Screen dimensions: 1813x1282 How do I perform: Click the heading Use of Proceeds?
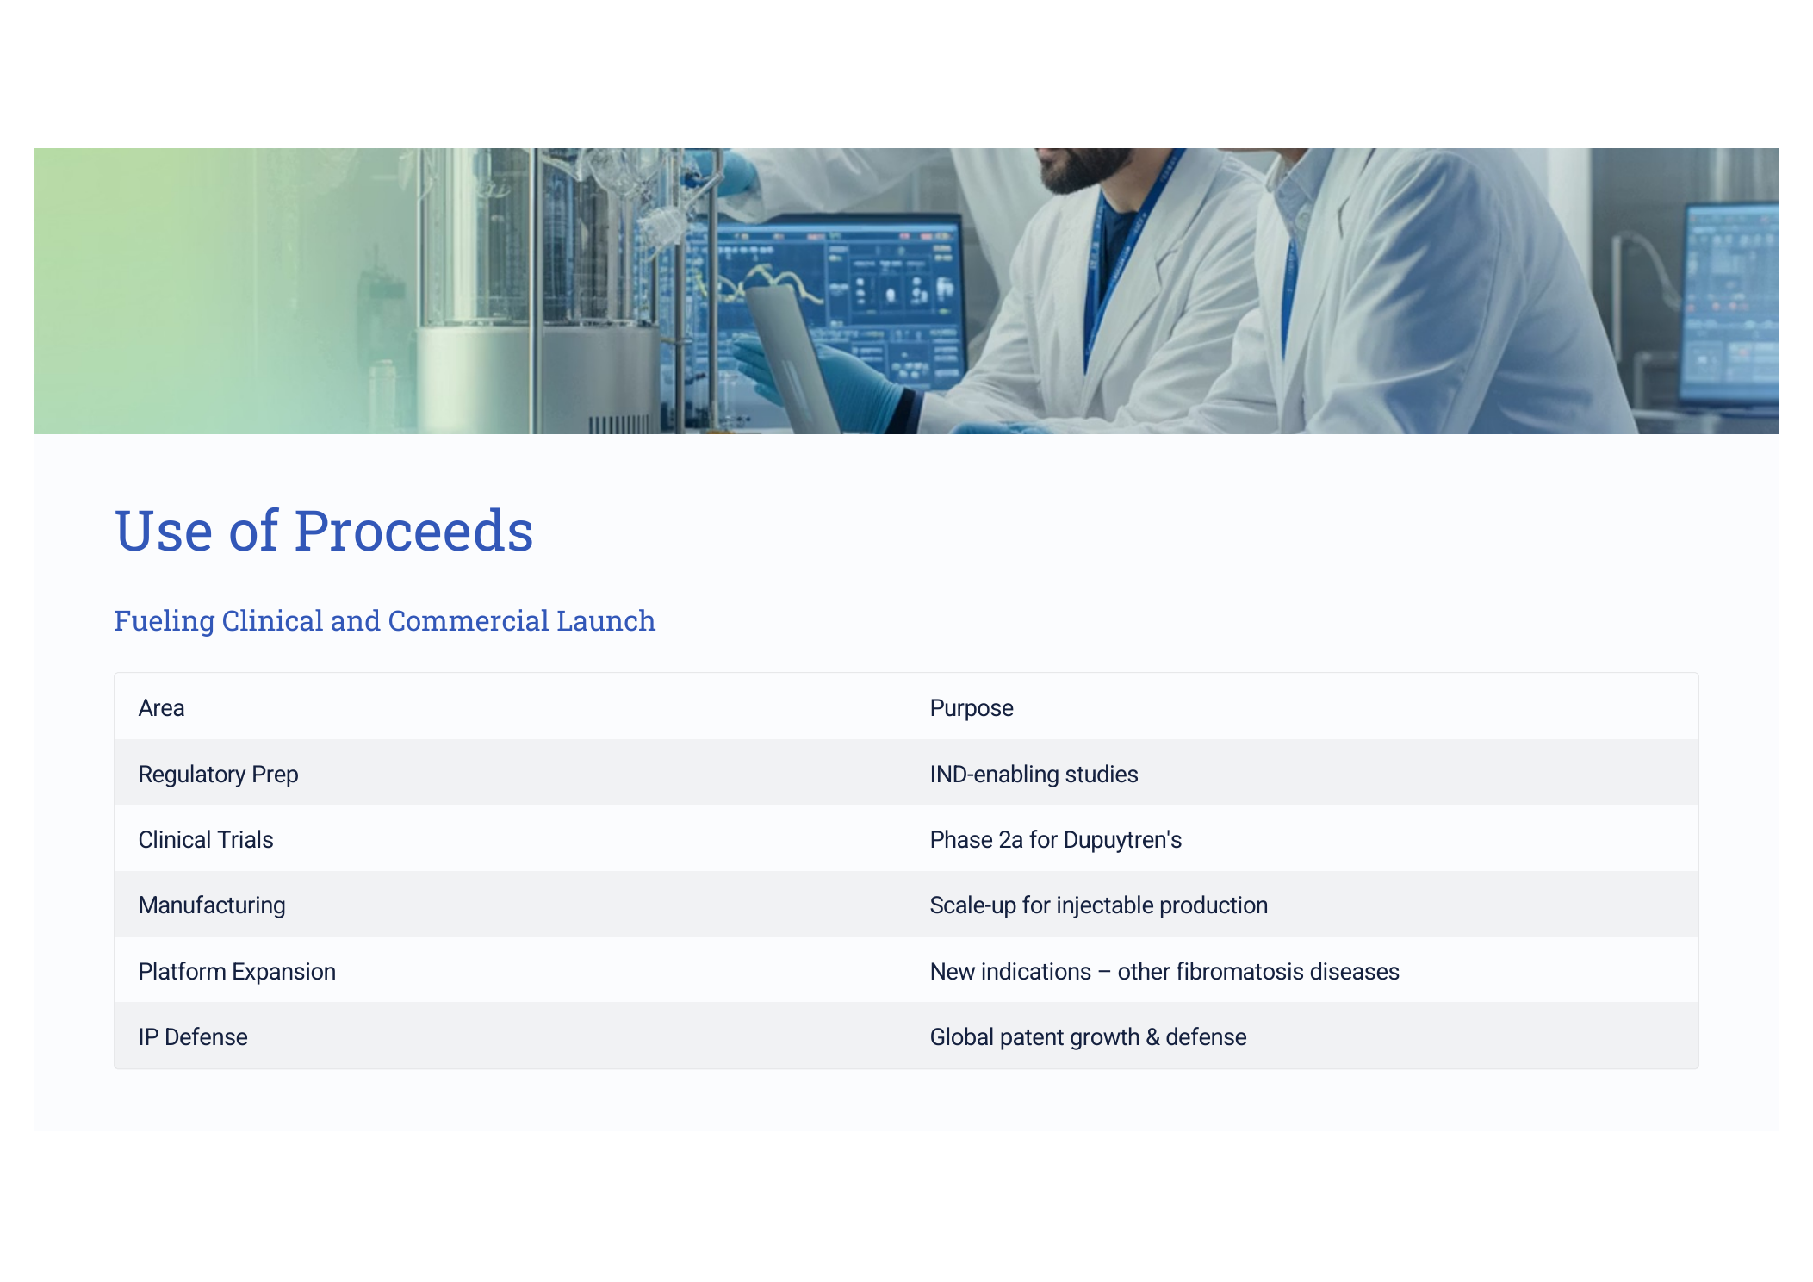[324, 530]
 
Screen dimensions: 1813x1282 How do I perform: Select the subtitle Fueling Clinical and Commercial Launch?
[385, 621]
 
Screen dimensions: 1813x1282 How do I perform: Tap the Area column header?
[161, 708]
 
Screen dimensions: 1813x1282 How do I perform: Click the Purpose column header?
[972, 708]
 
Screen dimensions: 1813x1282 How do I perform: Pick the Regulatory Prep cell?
[218, 775]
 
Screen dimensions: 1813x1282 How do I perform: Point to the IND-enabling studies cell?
[1034, 775]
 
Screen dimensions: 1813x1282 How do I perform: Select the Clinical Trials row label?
[206, 840]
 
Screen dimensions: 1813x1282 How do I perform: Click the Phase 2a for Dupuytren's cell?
[1056, 840]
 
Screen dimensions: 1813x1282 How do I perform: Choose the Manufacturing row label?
[212, 905]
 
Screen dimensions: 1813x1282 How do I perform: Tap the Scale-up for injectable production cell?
[1099, 905]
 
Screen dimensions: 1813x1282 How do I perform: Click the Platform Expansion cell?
[237, 972]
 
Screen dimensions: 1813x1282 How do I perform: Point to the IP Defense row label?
[193, 1037]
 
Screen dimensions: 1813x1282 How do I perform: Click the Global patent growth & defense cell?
[1088, 1037]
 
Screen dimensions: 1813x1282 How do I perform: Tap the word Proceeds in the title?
[413, 530]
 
